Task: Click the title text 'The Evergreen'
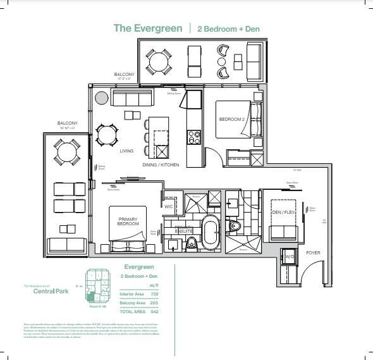149,28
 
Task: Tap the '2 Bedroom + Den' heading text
228,29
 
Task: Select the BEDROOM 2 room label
231,120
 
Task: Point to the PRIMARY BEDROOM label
128,221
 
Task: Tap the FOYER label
313,252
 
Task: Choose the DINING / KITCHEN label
161,164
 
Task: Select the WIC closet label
169,206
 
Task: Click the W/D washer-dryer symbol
289,257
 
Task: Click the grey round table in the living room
101,97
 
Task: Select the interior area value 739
154,294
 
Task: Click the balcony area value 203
154,304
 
